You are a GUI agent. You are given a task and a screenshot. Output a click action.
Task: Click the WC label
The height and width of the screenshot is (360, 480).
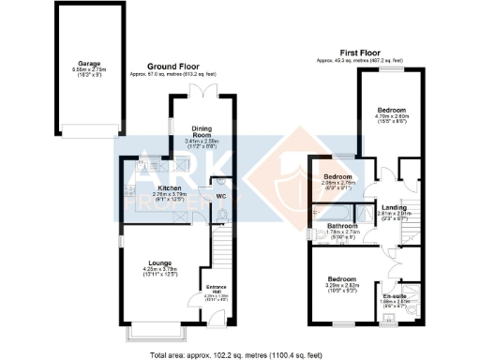(221, 196)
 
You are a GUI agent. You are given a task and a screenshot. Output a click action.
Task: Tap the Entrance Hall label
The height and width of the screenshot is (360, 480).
(217, 289)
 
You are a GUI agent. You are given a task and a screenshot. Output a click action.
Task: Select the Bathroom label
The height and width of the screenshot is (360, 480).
(340, 227)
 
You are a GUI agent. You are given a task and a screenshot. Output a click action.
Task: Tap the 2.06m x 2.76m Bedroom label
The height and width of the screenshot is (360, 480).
(337, 176)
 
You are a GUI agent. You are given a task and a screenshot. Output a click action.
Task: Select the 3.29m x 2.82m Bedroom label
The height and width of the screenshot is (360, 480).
(343, 279)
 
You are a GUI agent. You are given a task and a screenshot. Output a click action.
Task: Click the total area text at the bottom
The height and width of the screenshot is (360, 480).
(241, 354)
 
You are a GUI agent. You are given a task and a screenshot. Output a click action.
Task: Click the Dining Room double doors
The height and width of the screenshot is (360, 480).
(198, 89)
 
